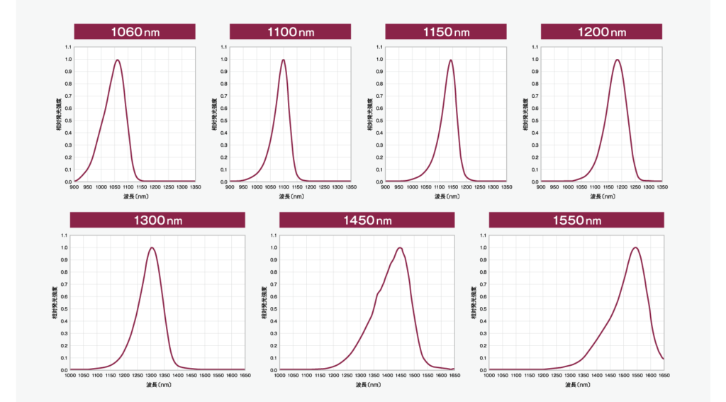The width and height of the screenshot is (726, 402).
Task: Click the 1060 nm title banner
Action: click(x=135, y=32)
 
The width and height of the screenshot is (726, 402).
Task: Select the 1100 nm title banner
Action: click(x=291, y=32)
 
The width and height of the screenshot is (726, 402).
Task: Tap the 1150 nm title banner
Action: click(x=446, y=32)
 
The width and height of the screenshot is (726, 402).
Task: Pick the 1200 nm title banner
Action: click(x=601, y=32)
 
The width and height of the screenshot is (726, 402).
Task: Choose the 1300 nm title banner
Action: click(x=157, y=220)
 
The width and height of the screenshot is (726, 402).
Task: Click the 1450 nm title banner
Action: click(x=367, y=220)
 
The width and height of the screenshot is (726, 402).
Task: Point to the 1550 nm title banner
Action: click(x=576, y=220)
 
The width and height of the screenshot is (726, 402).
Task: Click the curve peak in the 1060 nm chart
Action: click(x=117, y=60)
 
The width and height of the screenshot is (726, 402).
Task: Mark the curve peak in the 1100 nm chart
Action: click(x=284, y=60)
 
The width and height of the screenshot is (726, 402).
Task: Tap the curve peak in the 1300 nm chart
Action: click(x=152, y=247)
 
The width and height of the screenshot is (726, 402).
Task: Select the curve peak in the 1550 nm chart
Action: click(x=635, y=247)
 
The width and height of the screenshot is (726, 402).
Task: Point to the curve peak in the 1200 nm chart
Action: click(x=618, y=60)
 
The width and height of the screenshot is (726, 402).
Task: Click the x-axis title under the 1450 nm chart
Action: click(x=367, y=384)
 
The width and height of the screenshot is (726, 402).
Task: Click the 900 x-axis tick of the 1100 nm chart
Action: click(x=230, y=187)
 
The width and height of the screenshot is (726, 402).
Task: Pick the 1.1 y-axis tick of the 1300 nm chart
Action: click(x=64, y=235)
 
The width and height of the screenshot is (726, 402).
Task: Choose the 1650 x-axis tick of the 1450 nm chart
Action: click(x=454, y=375)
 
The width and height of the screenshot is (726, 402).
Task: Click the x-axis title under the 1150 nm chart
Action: click(x=446, y=196)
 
